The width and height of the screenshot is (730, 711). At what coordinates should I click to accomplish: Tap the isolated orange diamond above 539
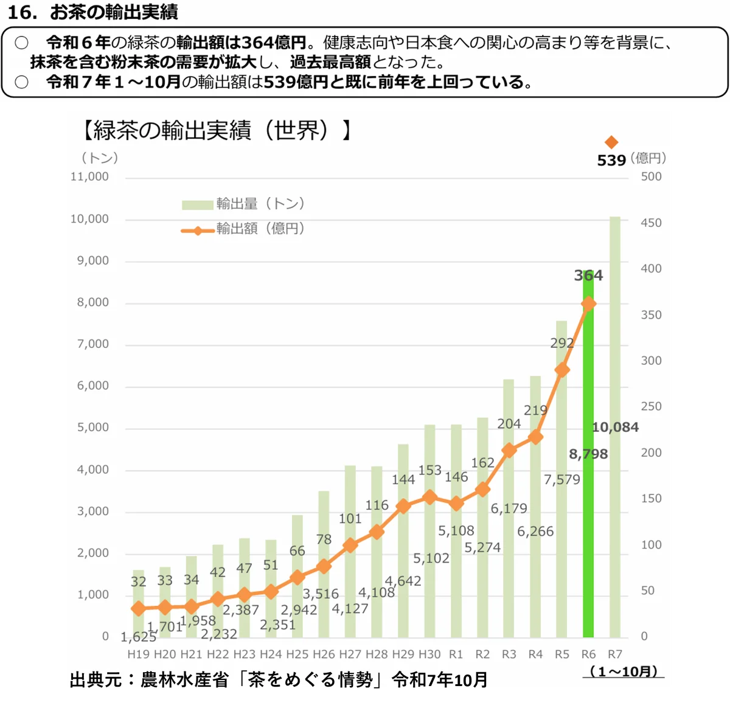click(x=611, y=142)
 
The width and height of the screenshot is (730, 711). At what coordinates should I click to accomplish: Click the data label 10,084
click(x=615, y=427)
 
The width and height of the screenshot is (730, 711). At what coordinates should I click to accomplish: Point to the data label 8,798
click(x=588, y=454)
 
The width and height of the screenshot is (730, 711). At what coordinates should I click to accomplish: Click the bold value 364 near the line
click(x=588, y=276)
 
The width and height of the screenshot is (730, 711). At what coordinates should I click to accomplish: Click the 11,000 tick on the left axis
click(x=89, y=176)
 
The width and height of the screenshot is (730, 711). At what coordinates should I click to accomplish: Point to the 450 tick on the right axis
click(x=651, y=223)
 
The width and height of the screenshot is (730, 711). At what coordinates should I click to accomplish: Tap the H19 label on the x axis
click(x=138, y=654)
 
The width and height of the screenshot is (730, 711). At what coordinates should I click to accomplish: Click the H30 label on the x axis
click(x=429, y=654)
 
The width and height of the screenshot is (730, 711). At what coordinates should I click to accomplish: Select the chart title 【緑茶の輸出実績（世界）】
click(x=216, y=130)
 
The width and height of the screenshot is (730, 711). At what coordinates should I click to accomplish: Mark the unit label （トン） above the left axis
click(x=99, y=158)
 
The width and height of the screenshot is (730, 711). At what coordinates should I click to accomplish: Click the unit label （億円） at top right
click(x=648, y=159)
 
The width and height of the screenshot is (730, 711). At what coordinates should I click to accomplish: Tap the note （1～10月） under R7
click(x=624, y=671)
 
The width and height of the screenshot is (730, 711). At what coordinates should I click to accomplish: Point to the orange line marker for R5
click(x=562, y=370)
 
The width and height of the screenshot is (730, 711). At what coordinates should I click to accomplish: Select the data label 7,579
click(x=562, y=480)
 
